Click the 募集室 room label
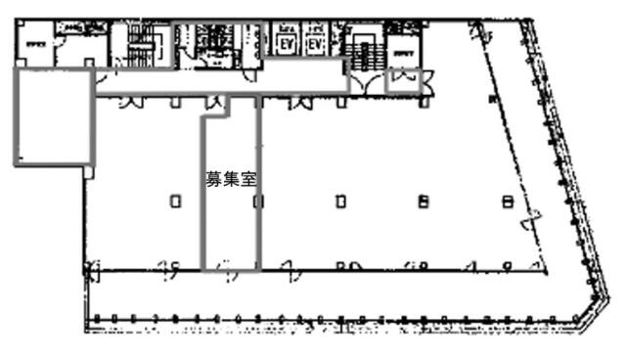coord(230,180)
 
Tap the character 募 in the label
coord(212,180)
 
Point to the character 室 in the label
coord(248,180)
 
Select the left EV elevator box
coord(288,45)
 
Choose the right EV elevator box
coord(314,45)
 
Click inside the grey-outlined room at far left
coord(53,116)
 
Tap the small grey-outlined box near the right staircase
coord(404,79)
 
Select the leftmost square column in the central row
coord(175,202)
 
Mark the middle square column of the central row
coord(340,202)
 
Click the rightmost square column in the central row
coord(507,202)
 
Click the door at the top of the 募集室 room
coord(216,103)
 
